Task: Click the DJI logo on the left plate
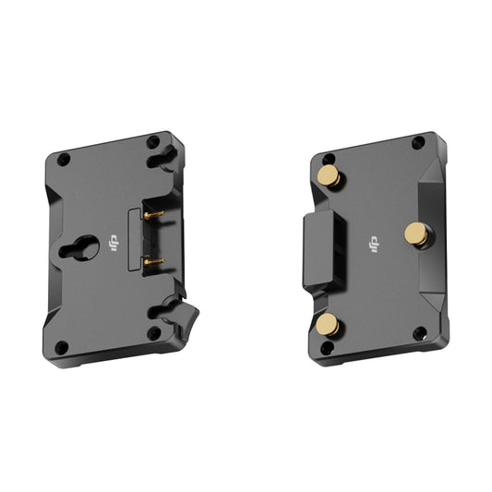coord(114,244)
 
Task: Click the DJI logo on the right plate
coord(374,245)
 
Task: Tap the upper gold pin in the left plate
coord(154,215)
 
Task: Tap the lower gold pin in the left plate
coord(154,261)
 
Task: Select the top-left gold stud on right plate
coord(330,175)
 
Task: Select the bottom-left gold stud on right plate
coord(328,324)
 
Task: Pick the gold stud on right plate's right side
coord(416,234)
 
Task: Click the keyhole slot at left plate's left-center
coord(79,248)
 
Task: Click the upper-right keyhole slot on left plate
coord(162,159)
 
